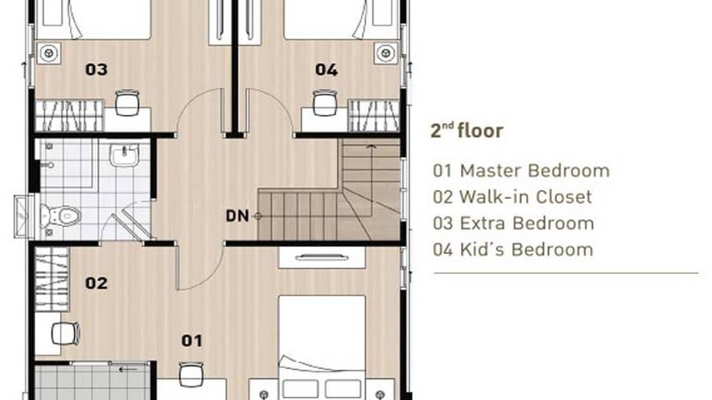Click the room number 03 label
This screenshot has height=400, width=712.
point(97,69)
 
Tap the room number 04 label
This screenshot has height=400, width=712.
point(326,69)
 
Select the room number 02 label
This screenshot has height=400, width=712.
point(97,283)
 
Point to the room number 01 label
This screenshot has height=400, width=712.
point(192,341)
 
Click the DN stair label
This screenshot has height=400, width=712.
point(237,216)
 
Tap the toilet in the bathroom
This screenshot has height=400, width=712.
point(63,215)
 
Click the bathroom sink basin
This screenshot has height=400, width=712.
point(124,156)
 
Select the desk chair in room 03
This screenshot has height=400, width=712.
point(127,102)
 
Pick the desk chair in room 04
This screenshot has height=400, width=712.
point(325,102)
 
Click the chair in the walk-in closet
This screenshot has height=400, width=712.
point(65,334)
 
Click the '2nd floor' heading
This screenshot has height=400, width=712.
point(466,131)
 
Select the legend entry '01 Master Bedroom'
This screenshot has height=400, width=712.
point(521,171)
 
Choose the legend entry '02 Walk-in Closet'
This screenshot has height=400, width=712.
point(512,197)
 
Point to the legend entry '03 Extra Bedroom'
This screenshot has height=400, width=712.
point(513,223)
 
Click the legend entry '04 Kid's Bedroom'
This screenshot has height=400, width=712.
point(513,249)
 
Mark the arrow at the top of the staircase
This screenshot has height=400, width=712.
point(370,146)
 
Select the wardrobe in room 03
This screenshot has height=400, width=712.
point(69,116)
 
